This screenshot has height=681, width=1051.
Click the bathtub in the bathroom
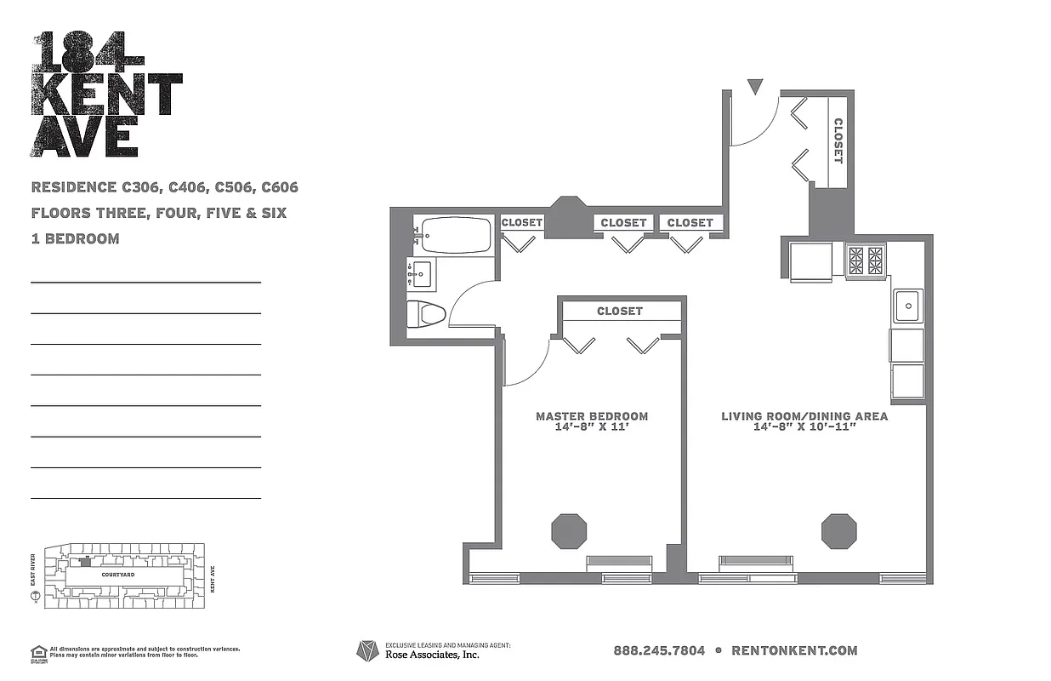tap(452, 235)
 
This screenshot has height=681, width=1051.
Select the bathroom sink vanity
tap(422, 275)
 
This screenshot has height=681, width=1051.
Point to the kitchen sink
tap(907, 305)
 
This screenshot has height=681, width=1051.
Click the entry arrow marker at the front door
tap(755, 86)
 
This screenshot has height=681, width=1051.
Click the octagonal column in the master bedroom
tap(569, 530)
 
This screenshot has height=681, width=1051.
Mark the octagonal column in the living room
tap(838, 530)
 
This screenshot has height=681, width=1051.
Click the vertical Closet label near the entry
tap(838, 140)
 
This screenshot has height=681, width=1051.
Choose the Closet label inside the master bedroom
tap(620, 312)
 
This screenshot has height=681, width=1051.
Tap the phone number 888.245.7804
tap(659, 650)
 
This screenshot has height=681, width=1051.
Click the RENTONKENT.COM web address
tap(794, 650)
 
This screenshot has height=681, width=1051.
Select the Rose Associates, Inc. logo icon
tap(367, 651)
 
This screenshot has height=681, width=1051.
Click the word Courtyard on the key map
tap(119, 575)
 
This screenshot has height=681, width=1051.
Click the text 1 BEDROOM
tap(75, 239)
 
